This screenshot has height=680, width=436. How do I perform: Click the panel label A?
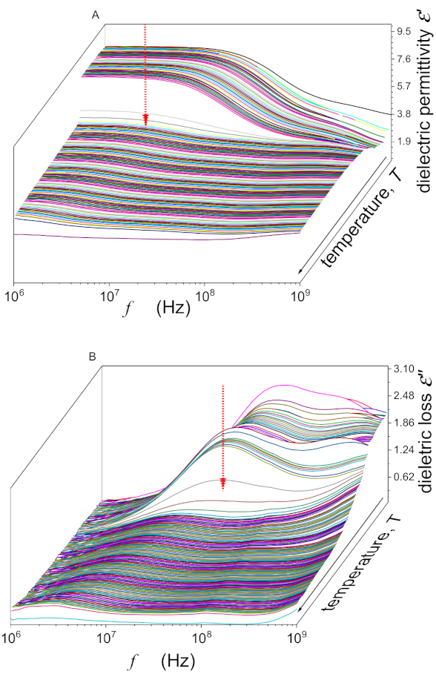[95, 14]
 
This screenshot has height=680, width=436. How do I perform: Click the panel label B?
[92, 357]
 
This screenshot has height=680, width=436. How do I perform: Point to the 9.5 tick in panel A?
[405, 32]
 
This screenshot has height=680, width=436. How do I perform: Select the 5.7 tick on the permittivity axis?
[405, 87]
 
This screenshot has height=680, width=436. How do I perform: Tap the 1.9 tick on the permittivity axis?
[405, 142]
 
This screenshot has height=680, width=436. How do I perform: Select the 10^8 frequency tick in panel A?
[205, 295]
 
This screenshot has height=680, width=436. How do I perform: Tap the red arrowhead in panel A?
[146, 120]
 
